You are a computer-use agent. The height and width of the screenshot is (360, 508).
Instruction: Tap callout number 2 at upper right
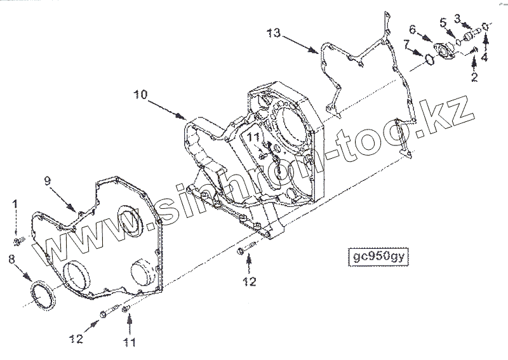point(474,78)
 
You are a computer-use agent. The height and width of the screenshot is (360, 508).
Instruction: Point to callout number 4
point(485,57)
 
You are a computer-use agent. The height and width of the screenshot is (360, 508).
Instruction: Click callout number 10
point(140,94)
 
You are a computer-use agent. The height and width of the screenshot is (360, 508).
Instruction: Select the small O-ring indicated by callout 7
point(429,59)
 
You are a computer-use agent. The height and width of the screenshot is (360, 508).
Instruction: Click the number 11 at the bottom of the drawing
point(130,342)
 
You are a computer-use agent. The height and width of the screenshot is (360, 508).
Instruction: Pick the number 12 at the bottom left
point(76,340)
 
